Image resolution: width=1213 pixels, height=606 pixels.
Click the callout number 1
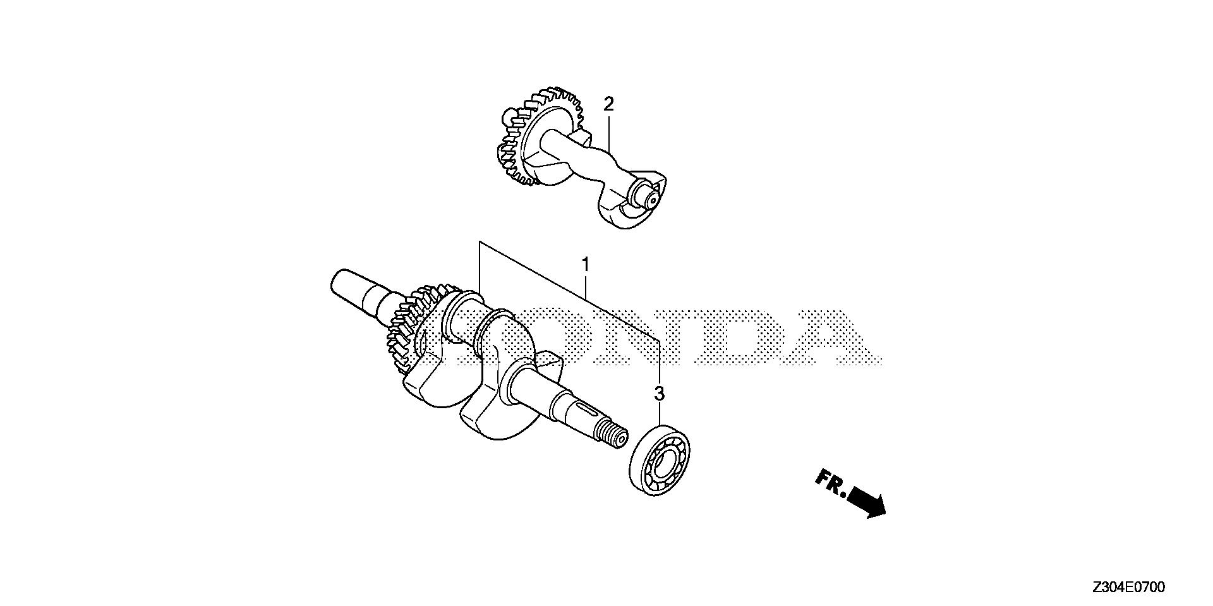tap(586, 264)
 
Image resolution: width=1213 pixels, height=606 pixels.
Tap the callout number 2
tap(608, 104)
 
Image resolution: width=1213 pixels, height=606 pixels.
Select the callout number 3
tap(659, 394)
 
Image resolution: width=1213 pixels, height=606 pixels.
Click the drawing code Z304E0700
tap(1128, 588)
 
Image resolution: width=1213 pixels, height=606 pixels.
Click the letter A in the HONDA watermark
tap(840, 338)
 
